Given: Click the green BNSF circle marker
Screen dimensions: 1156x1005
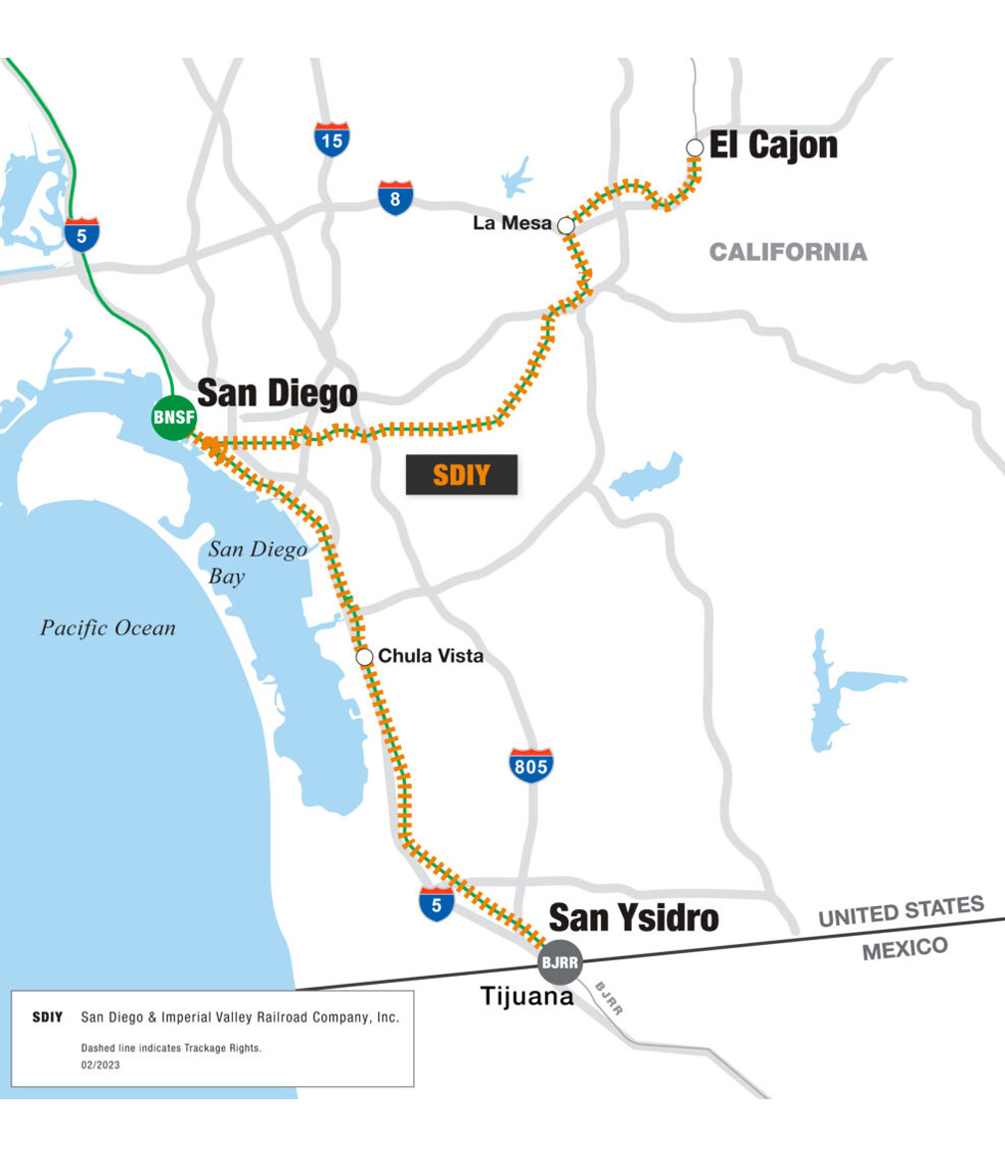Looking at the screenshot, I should tap(173, 416).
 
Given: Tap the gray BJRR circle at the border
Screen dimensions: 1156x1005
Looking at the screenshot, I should tap(558, 962).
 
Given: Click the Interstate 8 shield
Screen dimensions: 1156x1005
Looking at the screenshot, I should tap(395, 199).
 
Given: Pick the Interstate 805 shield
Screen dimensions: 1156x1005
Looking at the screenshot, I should tap(531, 765).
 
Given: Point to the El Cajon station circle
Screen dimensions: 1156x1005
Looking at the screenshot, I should tap(695, 148).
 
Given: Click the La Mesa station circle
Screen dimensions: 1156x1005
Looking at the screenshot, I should tap(566, 225).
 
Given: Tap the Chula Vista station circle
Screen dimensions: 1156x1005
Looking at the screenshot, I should tap(364, 657).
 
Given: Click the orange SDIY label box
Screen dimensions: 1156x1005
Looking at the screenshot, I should tap(462, 475).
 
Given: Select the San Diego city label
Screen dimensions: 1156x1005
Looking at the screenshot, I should tap(278, 392).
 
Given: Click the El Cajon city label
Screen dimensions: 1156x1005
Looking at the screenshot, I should tap(773, 145).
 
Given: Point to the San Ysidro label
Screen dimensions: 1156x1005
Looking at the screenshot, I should tap(634, 917).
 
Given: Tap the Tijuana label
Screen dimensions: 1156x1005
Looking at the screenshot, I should tap(527, 995).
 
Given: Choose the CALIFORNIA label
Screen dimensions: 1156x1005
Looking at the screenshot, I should tap(788, 252).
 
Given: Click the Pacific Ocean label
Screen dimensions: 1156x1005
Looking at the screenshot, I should tap(107, 628).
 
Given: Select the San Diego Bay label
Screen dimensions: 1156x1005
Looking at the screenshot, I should tap(257, 562).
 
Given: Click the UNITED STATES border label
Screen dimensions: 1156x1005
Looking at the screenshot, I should tap(901, 911).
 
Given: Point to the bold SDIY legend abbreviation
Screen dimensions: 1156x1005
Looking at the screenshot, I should tap(48, 1018).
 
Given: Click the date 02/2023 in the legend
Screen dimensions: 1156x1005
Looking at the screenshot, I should tap(100, 1064).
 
